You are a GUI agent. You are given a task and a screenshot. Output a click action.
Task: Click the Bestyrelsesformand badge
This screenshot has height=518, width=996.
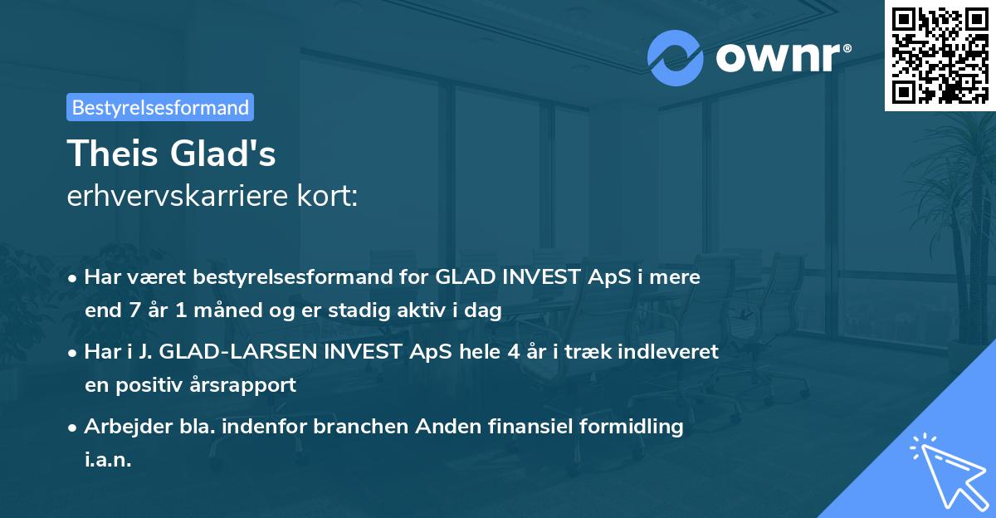[159, 107]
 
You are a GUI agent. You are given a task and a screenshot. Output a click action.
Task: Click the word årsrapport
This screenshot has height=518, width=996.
[246, 385]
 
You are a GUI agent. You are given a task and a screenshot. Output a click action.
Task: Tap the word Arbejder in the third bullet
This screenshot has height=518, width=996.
[120, 427]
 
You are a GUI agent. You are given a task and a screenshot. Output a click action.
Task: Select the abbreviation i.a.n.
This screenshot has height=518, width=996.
[108, 459]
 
